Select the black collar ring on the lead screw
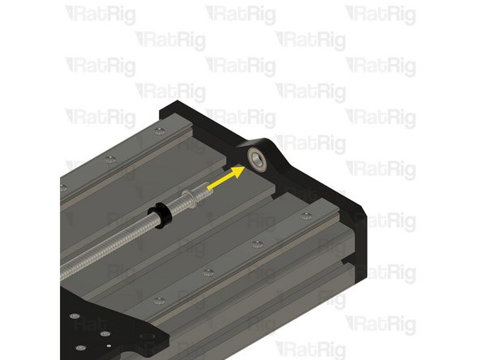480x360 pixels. [163, 212]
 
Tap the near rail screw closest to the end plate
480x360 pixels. [304, 216]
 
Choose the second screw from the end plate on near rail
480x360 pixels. [256, 243]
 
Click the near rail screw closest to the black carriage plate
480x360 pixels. [160, 300]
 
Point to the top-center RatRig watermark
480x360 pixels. [238, 13]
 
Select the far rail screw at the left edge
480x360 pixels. [62, 187]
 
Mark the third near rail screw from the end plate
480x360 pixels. [208, 272]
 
